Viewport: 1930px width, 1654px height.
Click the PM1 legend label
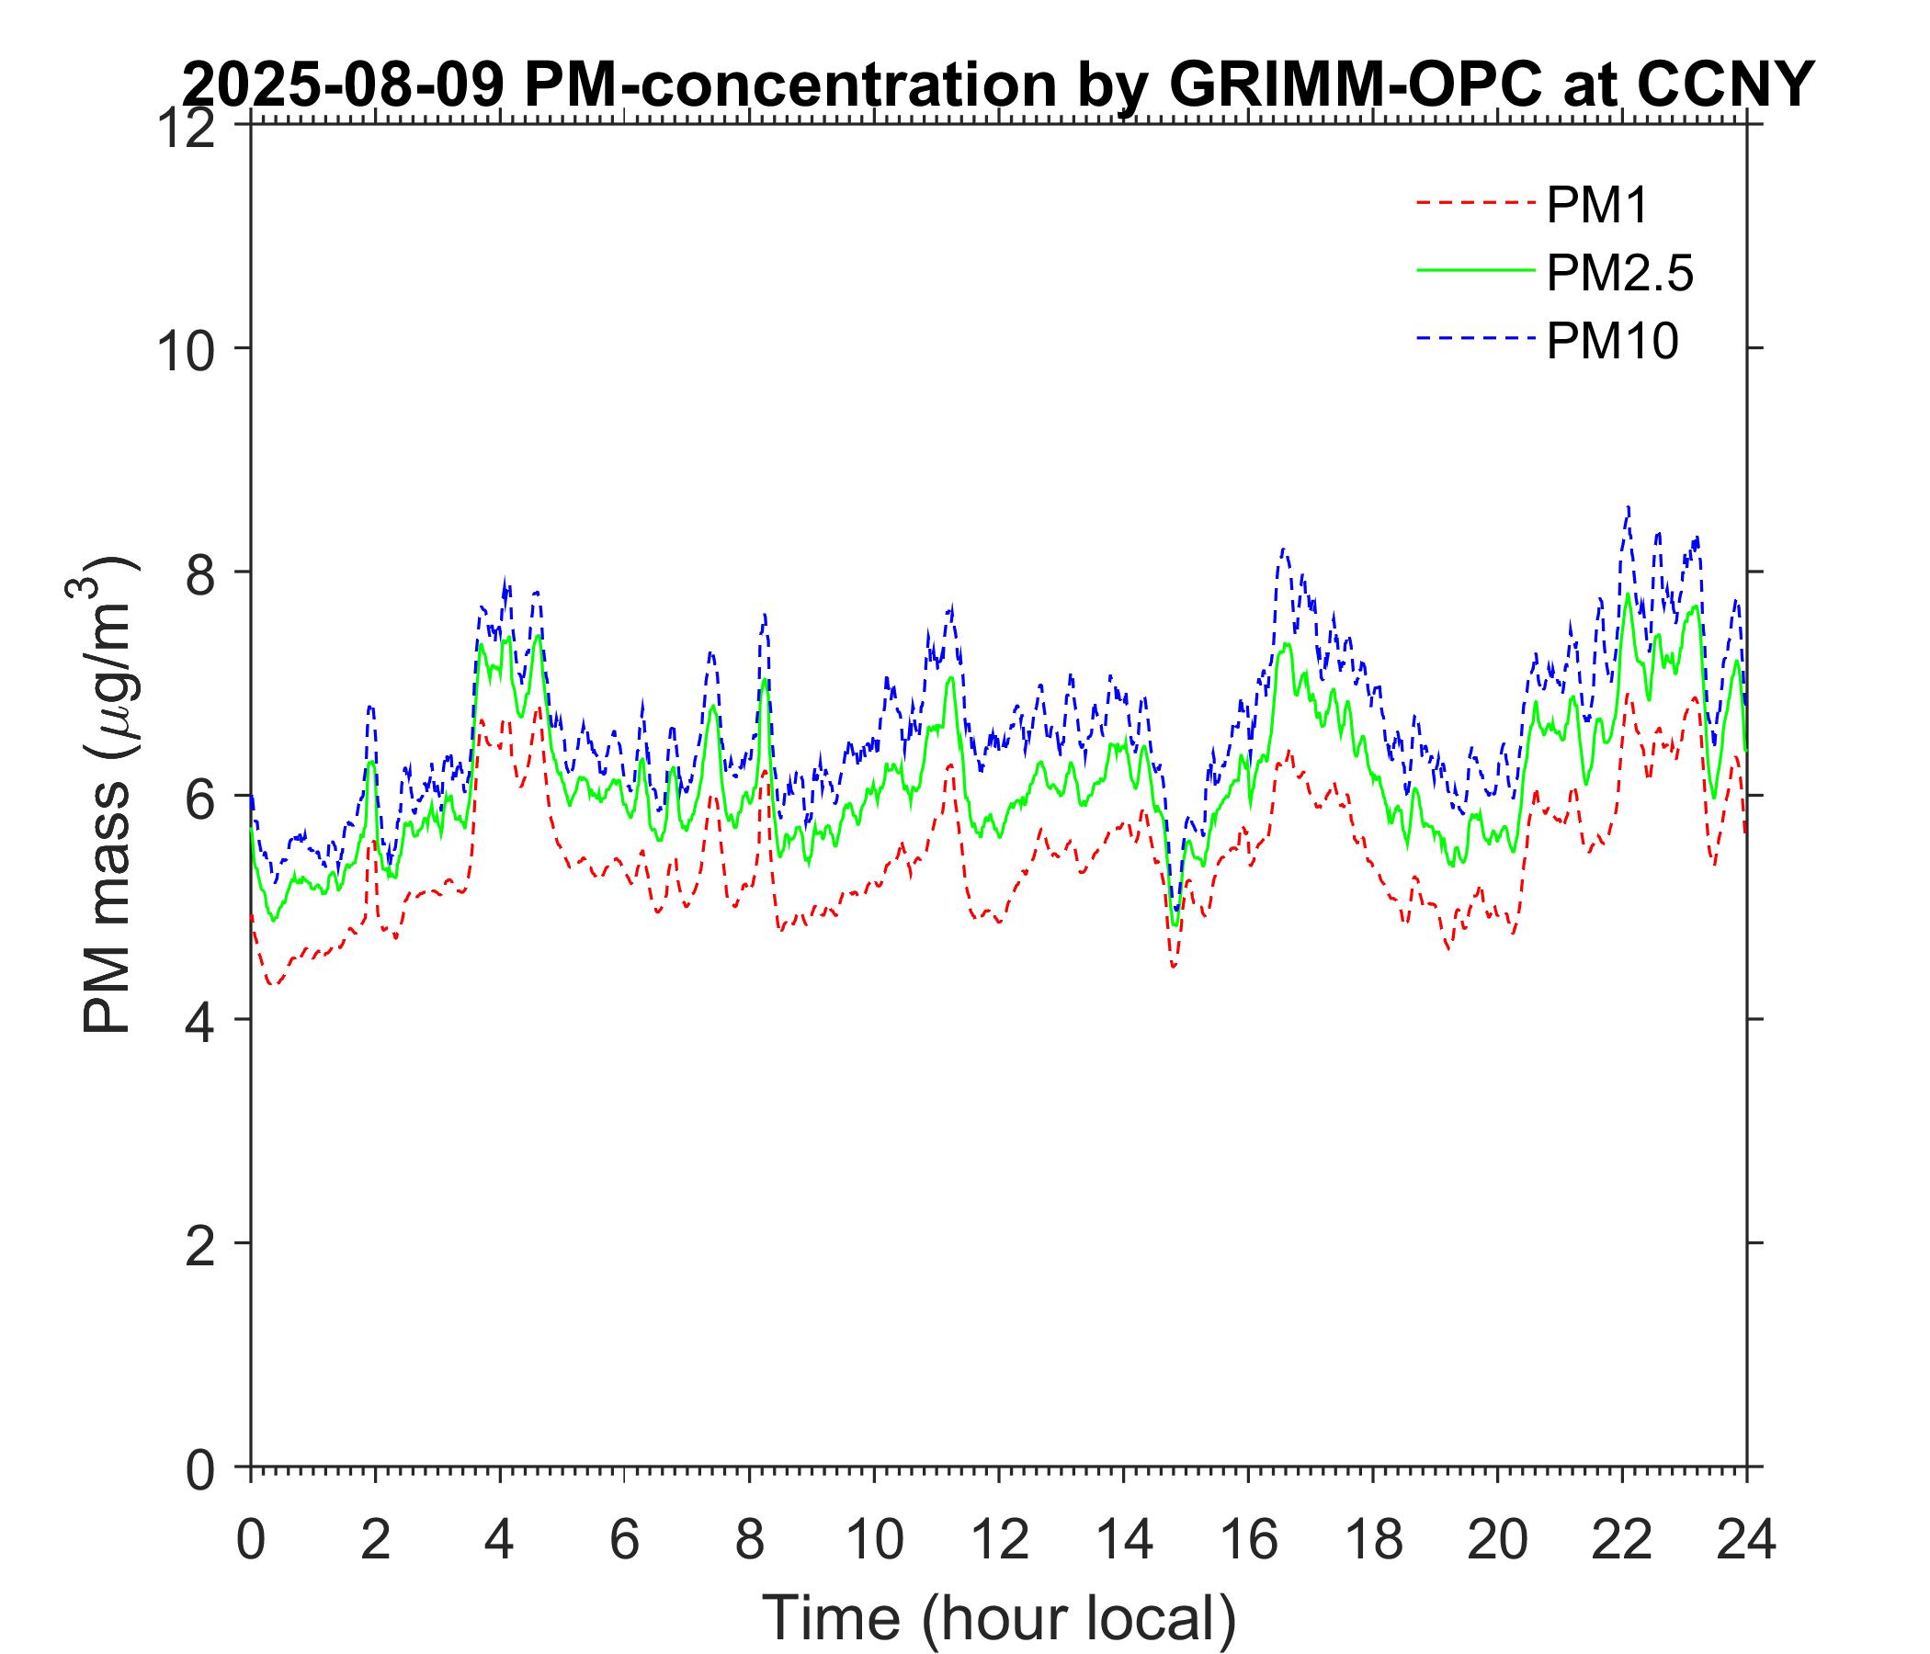pos(1596,206)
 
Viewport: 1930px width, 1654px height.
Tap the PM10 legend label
pos(1611,342)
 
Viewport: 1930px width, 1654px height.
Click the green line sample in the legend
pos(1474,270)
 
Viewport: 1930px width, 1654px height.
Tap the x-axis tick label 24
pos(1745,1541)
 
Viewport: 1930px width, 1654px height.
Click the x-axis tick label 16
pos(1248,1541)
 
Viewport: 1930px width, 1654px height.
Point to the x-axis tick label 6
pos(624,1541)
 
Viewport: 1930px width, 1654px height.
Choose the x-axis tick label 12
pos(998,1541)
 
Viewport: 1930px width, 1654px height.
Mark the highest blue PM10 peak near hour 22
pos(1628,507)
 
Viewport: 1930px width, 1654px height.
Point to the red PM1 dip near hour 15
pos(1175,967)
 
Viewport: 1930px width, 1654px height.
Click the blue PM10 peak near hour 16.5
pos(1284,549)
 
